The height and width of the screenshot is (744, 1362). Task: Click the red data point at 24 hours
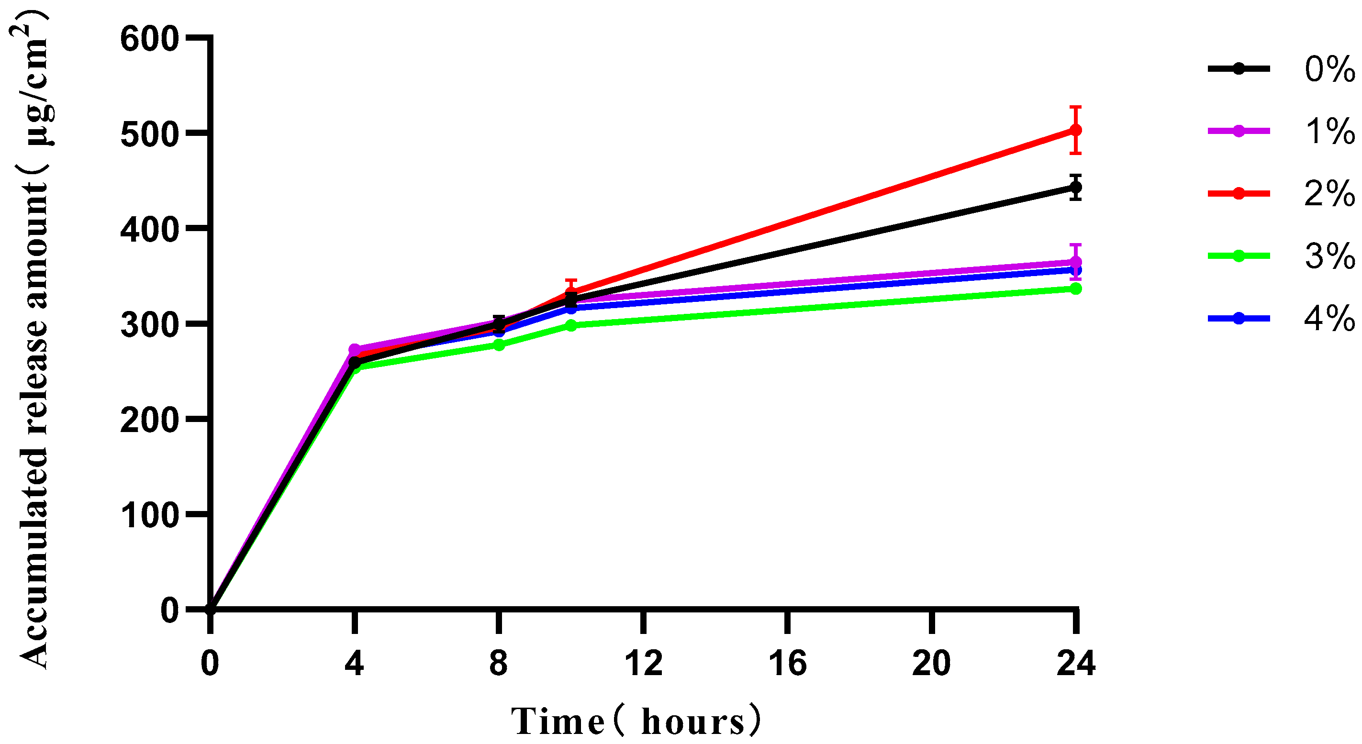[x=1075, y=130]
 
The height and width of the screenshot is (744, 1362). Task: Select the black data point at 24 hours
[x=1075, y=187]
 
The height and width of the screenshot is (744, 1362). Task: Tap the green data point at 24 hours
[x=1075, y=289]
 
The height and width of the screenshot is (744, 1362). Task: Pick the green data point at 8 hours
[x=499, y=345]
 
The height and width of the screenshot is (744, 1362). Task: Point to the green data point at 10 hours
[x=571, y=325]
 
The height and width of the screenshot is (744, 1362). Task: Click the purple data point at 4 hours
[x=355, y=350]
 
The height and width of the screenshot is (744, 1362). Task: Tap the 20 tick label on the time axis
[x=932, y=664]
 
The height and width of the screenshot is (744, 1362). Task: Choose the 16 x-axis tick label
[x=788, y=664]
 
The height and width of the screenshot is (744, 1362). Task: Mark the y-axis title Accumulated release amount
[x=33, y=338]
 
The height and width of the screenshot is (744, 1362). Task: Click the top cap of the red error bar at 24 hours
[x=1075, y=107]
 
